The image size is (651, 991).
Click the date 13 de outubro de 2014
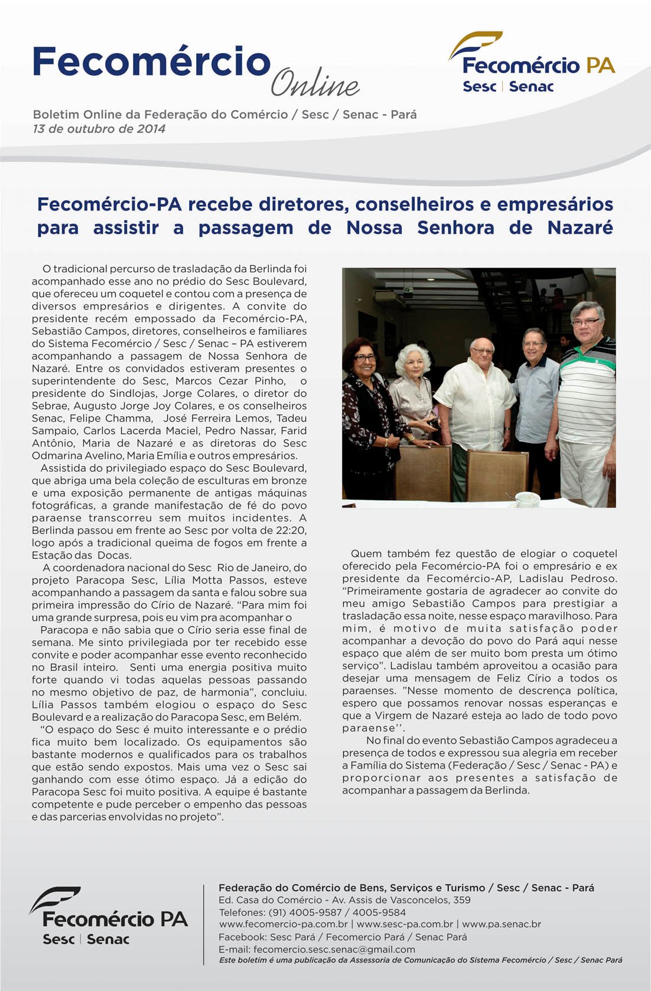pos(99,129)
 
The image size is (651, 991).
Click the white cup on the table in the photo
pos(527,499)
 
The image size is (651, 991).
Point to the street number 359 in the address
pos(461,900)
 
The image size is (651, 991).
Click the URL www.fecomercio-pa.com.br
pos(283,924)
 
